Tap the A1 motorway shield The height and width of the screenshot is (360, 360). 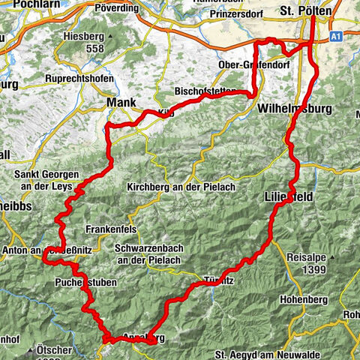(335, 35)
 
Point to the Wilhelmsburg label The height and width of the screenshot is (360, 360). (294, 109)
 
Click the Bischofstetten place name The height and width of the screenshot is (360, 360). (204, 91)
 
